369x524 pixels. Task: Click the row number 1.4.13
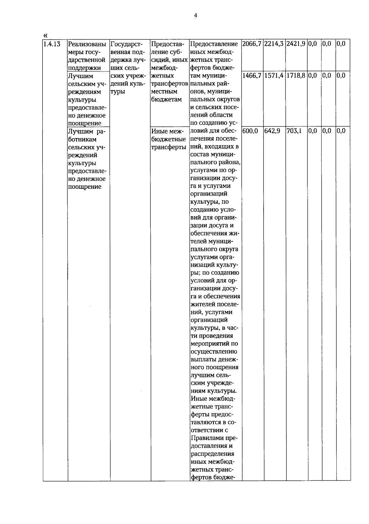coord(52,44)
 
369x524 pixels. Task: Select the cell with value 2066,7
coord(252,44)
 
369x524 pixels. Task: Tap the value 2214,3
coord(274,44)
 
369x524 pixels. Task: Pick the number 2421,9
coord(296,44)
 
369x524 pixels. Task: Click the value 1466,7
coord(252,76)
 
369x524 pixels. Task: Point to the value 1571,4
coord(274,76)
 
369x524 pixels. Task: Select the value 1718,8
coord(296,76)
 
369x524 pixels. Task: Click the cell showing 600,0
coord(250,131)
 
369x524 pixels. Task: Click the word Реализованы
coord(87,44)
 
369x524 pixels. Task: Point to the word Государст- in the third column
coord(125,44)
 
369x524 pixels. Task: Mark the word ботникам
coord(82,139)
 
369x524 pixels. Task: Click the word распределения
coord(212,454)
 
